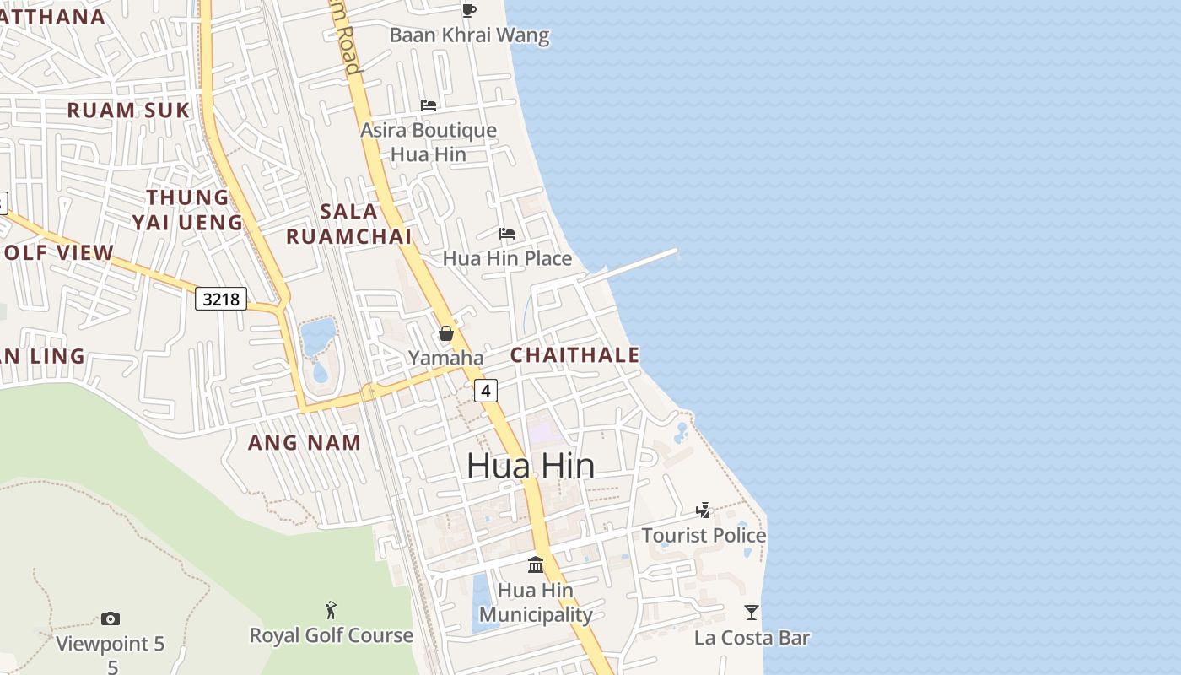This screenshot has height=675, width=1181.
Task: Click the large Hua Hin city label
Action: tap(531, 466)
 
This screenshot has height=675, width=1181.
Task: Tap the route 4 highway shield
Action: tap(486, 391)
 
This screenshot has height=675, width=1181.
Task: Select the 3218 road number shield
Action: tap(221, 299)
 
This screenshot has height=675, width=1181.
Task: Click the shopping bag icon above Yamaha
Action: tap(446, 333)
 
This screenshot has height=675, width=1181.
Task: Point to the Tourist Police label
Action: tap(704, 535)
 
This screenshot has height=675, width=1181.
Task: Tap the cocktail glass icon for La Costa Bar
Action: tap(752, 612)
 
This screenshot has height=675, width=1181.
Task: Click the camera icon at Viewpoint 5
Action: tap(111, 618)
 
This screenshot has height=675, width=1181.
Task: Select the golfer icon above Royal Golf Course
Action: tap(331, 609)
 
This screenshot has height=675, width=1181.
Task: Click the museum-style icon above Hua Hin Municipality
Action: tap(536, 564)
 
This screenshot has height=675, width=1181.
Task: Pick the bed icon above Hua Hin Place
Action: tap(507, 233)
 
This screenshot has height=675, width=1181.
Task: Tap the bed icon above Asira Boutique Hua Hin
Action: tap(429, 105)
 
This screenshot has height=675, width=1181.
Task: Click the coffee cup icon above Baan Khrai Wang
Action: tap(469, 10)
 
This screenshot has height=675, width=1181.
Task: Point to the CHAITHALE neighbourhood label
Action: tap(575, 355)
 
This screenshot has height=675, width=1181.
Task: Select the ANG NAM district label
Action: tap(305, 442)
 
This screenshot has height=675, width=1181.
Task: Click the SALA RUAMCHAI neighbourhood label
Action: tap(349, 224)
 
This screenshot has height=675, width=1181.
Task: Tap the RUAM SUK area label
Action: tap(128, 110)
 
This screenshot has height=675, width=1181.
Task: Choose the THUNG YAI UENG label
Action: tap(187, 209)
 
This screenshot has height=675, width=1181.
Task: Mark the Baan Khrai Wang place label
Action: tap(469, 35)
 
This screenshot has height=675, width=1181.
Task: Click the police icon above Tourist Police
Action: tap(704, 510)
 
